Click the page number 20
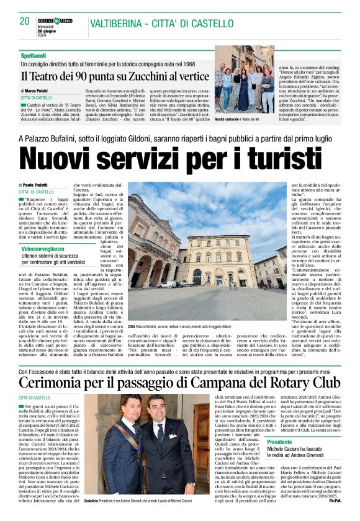25,21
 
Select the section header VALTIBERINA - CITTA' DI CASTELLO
162,23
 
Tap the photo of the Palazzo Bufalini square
207,257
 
